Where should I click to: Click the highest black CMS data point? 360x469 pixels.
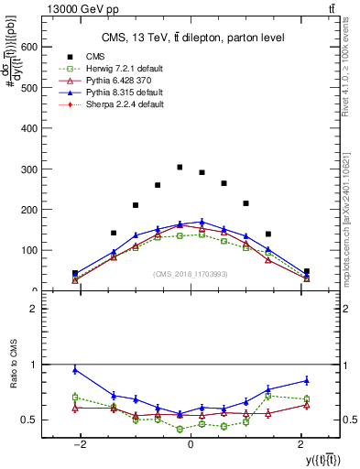pos(180,168)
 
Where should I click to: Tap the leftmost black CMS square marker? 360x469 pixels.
pos(75,273)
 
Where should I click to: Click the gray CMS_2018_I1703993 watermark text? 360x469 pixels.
pos(190,275)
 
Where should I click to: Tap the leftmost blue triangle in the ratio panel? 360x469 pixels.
pos(75,370)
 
